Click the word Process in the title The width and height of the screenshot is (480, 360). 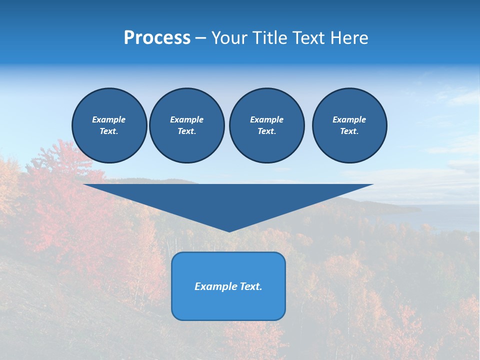click(x=157, y=38)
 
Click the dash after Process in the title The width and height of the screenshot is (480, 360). click(x=200, y=39)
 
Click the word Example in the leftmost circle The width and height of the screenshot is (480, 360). click(x=109, y=119)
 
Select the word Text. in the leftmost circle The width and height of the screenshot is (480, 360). click(x=109, y=131)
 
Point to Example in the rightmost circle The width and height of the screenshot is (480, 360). click(x=349, y=119)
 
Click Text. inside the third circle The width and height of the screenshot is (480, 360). click(x=266, y=131)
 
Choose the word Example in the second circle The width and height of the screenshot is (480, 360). click(x=186, y=119)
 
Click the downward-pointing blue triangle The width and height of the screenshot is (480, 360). click(x=228, y=202)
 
